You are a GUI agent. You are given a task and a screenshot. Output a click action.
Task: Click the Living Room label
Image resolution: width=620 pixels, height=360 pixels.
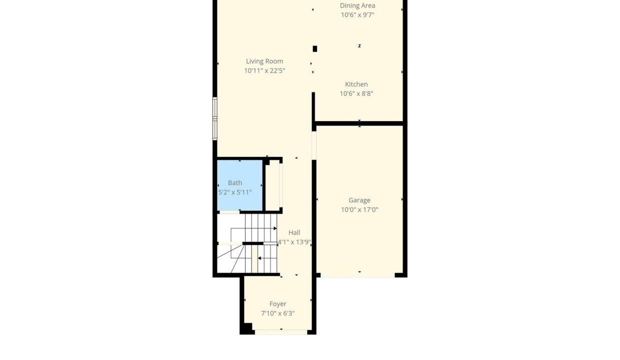264,61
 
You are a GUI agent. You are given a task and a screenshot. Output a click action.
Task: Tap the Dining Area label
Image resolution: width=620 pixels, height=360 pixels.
357,5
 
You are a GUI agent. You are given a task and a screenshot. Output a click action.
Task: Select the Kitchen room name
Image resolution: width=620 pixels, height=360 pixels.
356,84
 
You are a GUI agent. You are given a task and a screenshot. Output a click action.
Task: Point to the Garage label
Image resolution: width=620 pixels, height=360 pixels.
359,200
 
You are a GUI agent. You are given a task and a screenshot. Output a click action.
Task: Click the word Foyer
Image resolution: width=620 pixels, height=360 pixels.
278,304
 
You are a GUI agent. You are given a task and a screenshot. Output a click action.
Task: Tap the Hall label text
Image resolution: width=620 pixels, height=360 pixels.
294,232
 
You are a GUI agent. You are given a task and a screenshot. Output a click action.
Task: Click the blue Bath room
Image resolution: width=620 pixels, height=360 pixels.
239,185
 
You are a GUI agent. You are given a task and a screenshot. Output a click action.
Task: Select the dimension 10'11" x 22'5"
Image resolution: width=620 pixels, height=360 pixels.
264,70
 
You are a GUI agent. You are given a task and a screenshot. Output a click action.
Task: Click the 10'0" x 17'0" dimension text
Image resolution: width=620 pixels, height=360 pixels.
359,209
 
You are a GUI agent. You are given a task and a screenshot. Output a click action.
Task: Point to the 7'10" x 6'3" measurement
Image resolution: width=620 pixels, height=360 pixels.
278,313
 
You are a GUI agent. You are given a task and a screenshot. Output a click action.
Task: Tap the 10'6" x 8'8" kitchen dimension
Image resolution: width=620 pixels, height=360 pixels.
356,93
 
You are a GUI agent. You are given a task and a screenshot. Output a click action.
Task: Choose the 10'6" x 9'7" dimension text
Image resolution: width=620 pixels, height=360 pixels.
357,15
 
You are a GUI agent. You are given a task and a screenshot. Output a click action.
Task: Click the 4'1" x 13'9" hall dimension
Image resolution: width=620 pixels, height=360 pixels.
294,242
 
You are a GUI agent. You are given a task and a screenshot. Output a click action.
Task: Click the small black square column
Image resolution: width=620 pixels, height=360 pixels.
314,48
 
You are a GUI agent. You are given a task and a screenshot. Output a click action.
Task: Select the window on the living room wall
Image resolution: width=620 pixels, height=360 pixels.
215,118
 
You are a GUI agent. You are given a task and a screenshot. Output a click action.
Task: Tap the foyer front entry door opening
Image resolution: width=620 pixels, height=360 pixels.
281,332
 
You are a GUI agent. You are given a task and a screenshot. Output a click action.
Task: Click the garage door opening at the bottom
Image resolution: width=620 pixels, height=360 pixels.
357,275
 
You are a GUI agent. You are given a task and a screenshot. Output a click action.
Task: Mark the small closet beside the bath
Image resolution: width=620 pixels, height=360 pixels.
272,185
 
